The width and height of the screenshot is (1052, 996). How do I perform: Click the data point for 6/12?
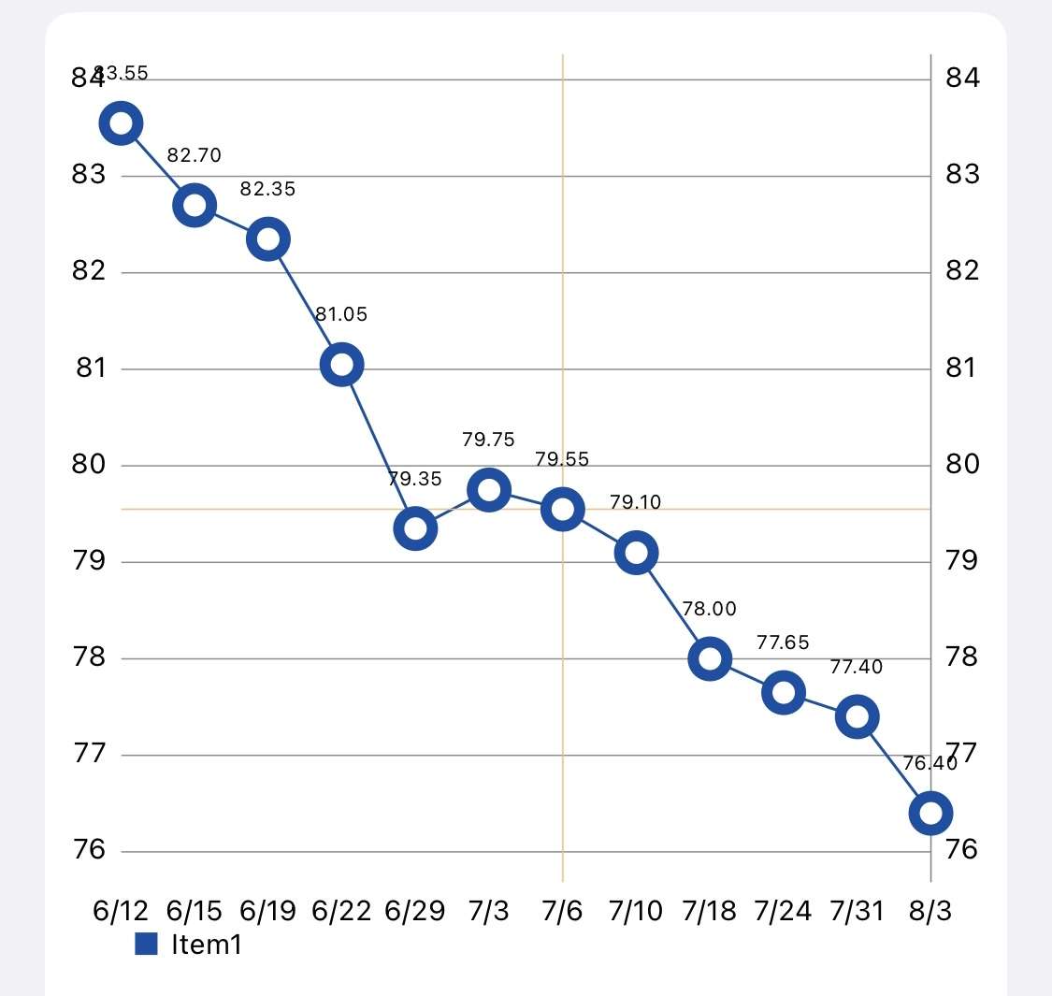click(x=122, y=123)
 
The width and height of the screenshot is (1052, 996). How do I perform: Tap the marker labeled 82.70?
click(x=195, y=206)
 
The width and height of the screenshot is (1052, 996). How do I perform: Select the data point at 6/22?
click(x=342, y=365)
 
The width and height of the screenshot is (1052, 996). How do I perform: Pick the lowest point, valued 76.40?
click(x=930, y=813)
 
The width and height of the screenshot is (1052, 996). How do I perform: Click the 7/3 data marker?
click(x=489, y=490)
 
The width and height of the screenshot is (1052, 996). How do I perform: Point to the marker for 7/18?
click(x=710, y=659)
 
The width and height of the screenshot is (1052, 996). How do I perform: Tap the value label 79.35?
click(x=415, y=479)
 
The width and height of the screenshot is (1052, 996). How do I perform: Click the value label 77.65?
click(x=783, y=642)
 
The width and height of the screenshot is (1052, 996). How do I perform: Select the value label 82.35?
click(x=267, y=189)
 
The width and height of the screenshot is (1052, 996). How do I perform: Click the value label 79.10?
click(x=636, y=502)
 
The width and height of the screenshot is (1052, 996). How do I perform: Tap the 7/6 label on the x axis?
click(x=563, y=911)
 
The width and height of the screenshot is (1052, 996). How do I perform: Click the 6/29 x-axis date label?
click(x=415, y=911)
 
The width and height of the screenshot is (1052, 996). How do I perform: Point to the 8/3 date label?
click(x=930, y=911)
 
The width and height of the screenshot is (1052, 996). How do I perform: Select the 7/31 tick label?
click(x=857, y=911)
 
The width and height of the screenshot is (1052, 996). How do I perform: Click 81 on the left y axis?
click(x=91, y=368)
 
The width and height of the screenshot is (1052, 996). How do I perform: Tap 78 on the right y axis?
click(x=962, y=657)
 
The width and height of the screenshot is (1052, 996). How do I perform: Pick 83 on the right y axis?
click(x=962, y=174)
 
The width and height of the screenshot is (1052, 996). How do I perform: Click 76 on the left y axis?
click(x=90, y=850)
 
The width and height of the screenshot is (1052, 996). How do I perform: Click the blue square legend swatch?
click(x=147, y=944)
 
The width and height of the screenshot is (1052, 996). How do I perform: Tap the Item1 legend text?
click(x=207, y=945)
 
